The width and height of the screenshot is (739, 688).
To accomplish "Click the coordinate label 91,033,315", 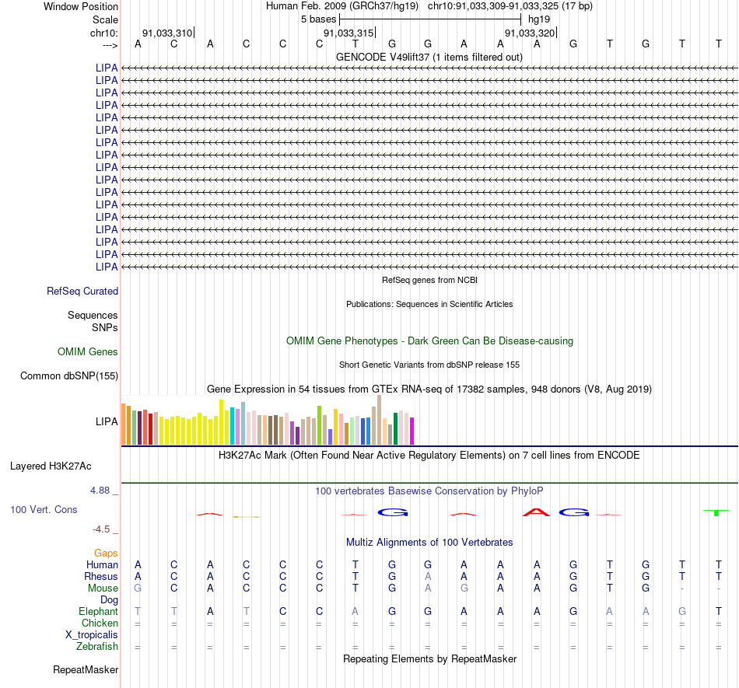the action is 348,33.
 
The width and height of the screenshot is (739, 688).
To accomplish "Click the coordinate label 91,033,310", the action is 167,33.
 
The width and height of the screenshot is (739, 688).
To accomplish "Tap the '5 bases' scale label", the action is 319,19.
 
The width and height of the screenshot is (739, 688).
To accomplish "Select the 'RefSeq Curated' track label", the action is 82,291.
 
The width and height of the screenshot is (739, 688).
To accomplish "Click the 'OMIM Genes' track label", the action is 88,351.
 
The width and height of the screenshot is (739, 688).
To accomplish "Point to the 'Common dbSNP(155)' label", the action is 69,375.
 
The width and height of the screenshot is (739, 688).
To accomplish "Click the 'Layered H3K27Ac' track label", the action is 51,466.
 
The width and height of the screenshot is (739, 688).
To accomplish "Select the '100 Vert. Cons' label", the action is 44,509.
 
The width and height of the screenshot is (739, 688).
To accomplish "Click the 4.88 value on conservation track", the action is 100,491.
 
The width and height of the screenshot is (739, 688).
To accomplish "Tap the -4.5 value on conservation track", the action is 101,529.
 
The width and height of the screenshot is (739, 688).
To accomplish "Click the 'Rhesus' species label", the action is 101,576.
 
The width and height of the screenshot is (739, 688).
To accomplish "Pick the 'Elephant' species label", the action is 99,611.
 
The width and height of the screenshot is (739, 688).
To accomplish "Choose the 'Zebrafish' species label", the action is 97,646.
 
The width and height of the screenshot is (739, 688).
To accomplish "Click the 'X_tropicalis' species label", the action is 92,635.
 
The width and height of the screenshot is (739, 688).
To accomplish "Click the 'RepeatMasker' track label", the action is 86,669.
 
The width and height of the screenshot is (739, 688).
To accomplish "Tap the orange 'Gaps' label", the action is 106,553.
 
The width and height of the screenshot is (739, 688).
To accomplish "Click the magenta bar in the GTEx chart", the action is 412,431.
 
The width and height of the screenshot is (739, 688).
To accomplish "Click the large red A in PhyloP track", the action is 536,512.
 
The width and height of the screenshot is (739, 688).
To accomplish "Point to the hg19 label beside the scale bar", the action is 539,19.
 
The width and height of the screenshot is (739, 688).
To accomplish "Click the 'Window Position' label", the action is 81,6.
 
